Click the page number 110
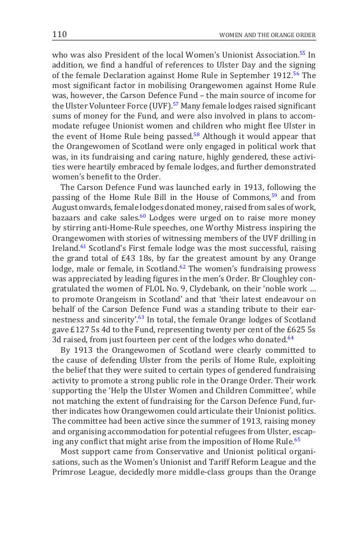click(59, 34)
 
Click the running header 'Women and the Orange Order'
click(268, 35)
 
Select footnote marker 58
click(197, 135)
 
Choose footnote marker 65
click(297, 440)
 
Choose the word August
click(65, 208)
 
